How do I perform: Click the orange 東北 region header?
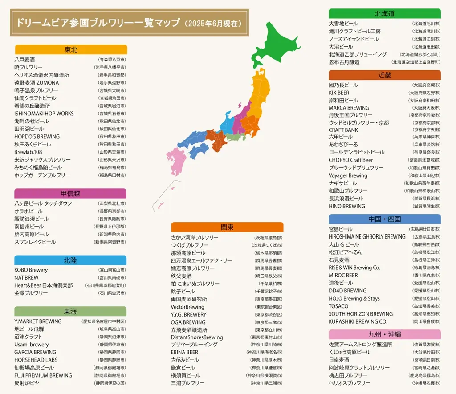[x=71, y=49]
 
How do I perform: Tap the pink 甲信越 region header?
[x=70, y=193]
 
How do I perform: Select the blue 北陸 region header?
[x=70, y=260]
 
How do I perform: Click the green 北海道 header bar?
[x=384, y=14]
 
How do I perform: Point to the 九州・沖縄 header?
[x=384, y=334]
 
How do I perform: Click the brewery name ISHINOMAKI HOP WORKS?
[x=44, y=114]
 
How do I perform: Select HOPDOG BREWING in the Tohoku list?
[x=37, y=137]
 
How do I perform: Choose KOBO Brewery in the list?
[x=31, y=270]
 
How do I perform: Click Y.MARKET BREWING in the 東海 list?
[x=38, y=321]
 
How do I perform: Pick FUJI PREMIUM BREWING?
[x=43, y=375]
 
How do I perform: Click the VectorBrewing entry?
[x=187, y=307]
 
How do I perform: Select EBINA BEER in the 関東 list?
[x=185, y=352]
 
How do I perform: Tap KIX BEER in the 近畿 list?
[x=339, y=93]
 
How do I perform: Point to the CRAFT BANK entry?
[x=343, y=130]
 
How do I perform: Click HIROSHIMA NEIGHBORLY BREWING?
[x=367, y=237]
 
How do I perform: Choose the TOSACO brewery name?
[x=338, y=306]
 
